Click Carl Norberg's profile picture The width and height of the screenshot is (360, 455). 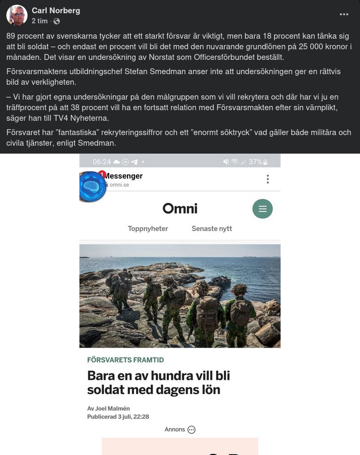pyautogui.click(x=17, y=16)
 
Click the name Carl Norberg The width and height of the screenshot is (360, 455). pyautogui.click(x=55, y=11)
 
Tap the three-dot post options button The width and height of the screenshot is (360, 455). pyautogui.click(x=344, y=14)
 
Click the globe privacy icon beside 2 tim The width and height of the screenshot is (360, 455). pyautogui.click(x=57, y=21)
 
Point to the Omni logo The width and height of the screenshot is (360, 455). pyautogui.click(x=179, y=209)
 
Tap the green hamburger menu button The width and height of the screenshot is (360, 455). pyautogui.click(x=262, y=209)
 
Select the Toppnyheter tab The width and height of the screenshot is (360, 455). pyautogui.click(x=148, y=229)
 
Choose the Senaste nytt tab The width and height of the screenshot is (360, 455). pyautogui.click(x=212, y=229)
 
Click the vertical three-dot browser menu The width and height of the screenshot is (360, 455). pyautogui.click(x=268, y=179)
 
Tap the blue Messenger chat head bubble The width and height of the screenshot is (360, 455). pyautogui.click(x=93, y=186)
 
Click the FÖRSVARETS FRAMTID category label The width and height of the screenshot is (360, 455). pyautogui.click(x=125, y=360)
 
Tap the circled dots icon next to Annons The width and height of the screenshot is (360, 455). pyautogui.click(x=192, y=430)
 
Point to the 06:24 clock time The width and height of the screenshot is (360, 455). pyautogui.click(x=102, y=162)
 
